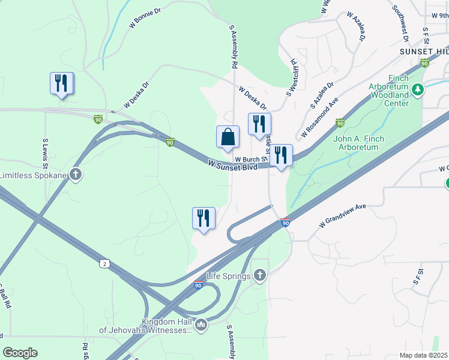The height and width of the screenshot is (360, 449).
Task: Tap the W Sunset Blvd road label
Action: click(x=232, y=164)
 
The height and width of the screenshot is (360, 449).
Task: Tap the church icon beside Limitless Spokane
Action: click(x=75, y=175)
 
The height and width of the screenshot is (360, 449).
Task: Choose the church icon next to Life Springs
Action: click(x=259, y=275)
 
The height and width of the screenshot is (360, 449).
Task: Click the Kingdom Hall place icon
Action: click(x=201, y=325)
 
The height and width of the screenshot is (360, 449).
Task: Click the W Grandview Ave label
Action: click(x=343, y=215)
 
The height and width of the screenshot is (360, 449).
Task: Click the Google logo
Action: click(x=20, y=353)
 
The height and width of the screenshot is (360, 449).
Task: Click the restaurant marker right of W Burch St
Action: click(x=281, y=156)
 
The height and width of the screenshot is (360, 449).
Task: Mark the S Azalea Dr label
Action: click(x=321, y=97)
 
